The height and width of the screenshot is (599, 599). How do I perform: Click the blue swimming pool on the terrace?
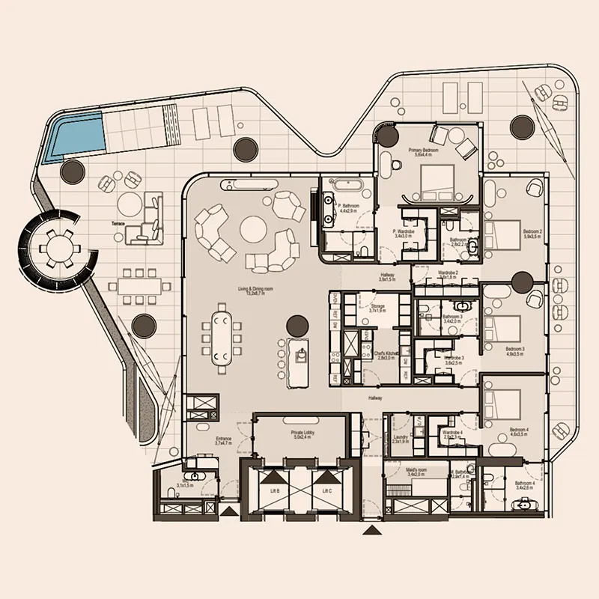[73, 136]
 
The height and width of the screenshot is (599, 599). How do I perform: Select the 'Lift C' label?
[326, 491]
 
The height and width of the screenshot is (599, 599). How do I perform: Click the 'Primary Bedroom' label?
[423, 150]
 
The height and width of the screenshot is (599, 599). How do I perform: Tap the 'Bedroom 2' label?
[532, 231]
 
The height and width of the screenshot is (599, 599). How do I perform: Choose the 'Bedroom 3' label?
[514, 349]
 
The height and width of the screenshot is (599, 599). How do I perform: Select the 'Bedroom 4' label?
[517, 430]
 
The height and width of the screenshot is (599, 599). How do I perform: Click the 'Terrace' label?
[118, 223]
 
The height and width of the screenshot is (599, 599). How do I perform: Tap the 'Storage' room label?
[377, 306]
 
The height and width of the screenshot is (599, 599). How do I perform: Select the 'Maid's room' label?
[417, 469]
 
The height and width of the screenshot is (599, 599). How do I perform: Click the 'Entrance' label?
[223, 439]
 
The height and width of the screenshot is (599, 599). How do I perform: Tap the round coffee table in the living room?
[252, 229]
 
